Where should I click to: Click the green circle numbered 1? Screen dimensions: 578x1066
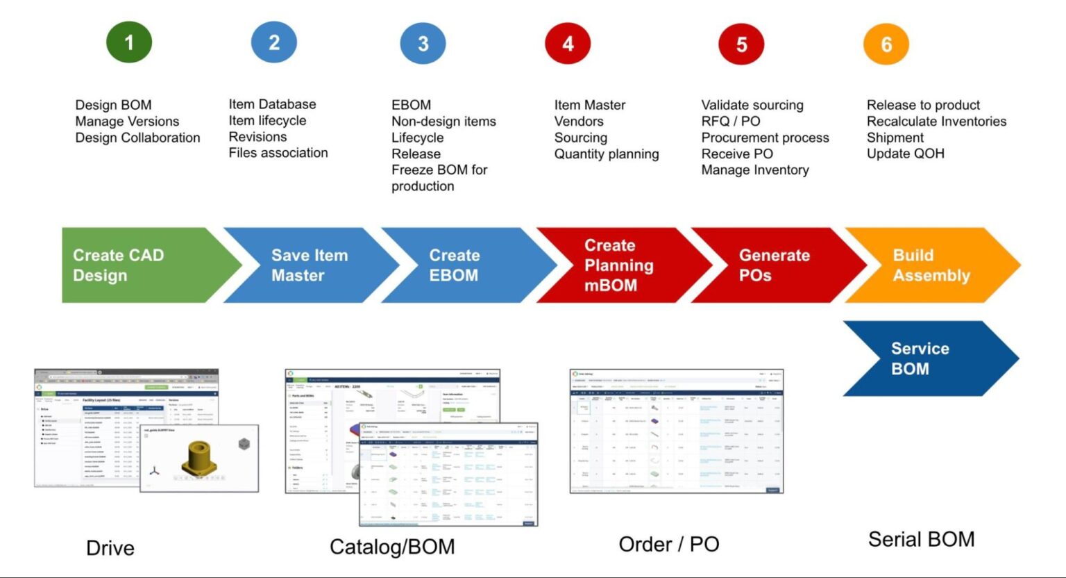point(129,42)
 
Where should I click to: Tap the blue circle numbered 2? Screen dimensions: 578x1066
point(274,42)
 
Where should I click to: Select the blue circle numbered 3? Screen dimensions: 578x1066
point(423,43)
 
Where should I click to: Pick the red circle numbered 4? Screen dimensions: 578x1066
point(568,43)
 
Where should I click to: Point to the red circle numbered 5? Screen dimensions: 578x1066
point(741,44)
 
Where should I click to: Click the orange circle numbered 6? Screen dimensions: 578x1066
point(886,44)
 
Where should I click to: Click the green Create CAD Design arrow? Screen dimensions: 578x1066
point(139,265)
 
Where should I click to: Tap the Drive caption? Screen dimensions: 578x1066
point(110,548)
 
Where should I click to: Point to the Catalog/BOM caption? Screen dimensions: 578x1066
point(392,547)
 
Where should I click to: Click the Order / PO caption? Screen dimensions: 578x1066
point(669,545)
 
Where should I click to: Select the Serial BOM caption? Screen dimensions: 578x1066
point(921,540)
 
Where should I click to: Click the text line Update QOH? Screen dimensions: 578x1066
point(905,154)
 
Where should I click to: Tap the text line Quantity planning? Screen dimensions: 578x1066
point(606,154)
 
